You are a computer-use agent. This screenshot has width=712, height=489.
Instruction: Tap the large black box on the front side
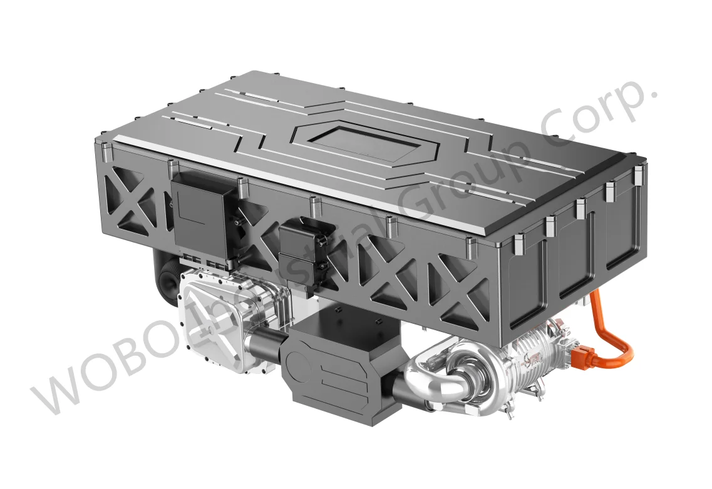pos(200,216)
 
